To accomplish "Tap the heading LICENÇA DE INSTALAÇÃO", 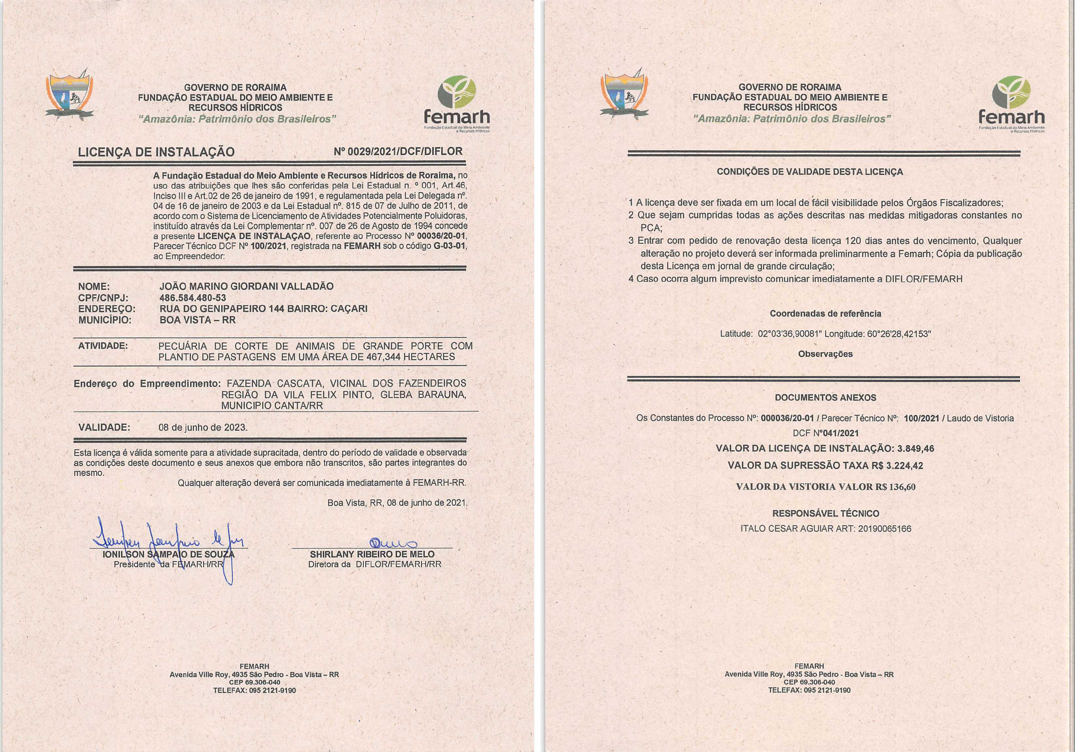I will (156, 152).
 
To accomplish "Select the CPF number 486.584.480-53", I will (193, 298).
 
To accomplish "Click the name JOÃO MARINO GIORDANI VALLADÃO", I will (246, 286).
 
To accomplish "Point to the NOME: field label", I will (94, 286).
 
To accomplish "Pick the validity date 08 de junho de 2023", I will (203, 427).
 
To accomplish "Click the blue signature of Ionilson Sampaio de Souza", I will (168, 538).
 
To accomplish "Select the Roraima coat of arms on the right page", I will (624, 96).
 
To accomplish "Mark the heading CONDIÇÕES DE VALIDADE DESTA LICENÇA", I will (810, 172).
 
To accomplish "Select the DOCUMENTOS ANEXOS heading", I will (825, 398).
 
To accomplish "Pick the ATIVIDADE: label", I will (102, 346).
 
